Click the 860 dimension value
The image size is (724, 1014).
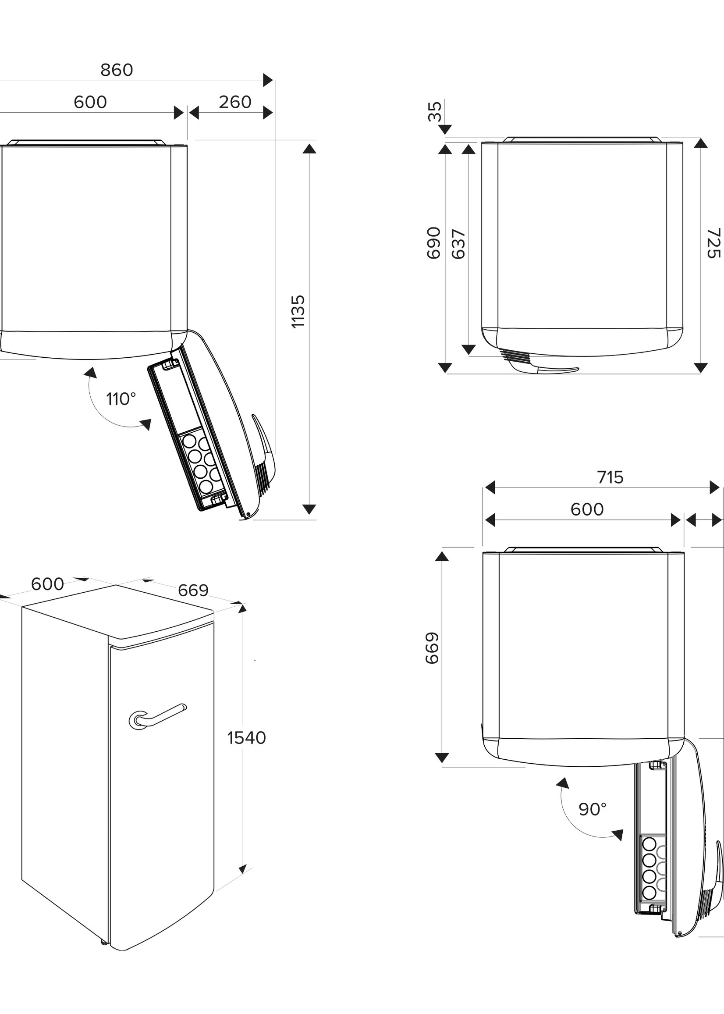click(117, 71)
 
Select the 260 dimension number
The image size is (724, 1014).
click(235, 103)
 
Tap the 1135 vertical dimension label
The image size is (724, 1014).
click(298, 311)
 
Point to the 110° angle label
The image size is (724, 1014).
click(121, 399)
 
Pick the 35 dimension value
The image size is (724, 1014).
click(435, 111)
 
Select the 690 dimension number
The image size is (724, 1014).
click(434, 243)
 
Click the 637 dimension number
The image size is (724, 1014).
click(459, 244)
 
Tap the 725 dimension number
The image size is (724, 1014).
click(713, 243)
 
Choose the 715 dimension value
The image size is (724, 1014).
click(610, 477)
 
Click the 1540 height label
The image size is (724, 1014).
click(247, 738)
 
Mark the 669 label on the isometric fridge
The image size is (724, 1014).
click(193, 591)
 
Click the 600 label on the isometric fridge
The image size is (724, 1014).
click(47, 584)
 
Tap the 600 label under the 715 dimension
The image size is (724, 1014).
click(587, 510)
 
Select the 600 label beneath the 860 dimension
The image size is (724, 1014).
click(90, 103)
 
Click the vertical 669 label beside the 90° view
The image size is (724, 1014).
click(433, 648)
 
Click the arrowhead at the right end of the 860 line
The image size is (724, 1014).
click(268, 80)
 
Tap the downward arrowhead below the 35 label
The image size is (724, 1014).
click(445, 129)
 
